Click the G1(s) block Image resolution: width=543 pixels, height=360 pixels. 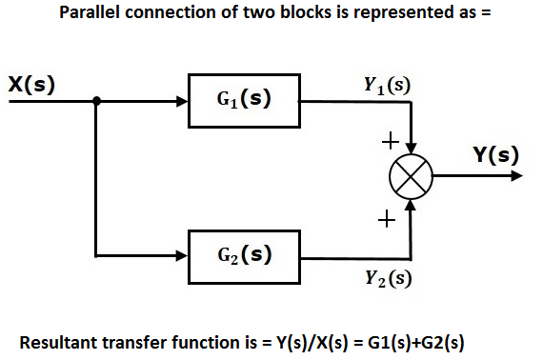tap(245, 100)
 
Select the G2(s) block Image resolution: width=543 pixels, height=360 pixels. tap(245, 255)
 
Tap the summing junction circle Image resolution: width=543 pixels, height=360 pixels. tap(412, 177)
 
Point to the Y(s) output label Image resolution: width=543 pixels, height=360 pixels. tap(496, 154)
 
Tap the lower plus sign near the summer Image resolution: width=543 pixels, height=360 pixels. tap(386, 220)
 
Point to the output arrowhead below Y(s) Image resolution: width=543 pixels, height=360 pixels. tap(514, 177)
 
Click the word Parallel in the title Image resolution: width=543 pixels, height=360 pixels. tap(91, 14)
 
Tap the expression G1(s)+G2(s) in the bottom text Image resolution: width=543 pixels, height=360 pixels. tap(418, 342)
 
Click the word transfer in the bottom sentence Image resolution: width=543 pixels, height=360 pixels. tap(134, 342)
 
